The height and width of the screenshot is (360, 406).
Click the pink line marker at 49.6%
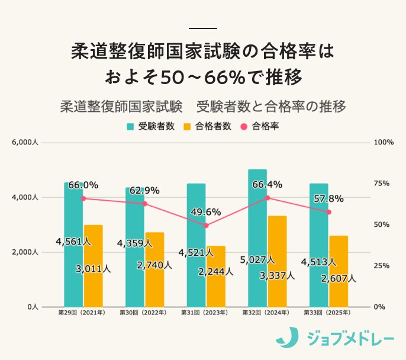206,226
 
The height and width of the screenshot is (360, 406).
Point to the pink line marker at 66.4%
268,198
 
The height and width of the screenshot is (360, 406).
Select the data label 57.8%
328,198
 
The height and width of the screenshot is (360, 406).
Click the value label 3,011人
93,269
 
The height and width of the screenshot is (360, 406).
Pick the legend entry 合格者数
207,126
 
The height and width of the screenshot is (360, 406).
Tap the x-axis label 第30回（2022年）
143,313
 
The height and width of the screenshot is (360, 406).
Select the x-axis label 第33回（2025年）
327,313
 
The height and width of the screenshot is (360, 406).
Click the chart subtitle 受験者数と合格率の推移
270,107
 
